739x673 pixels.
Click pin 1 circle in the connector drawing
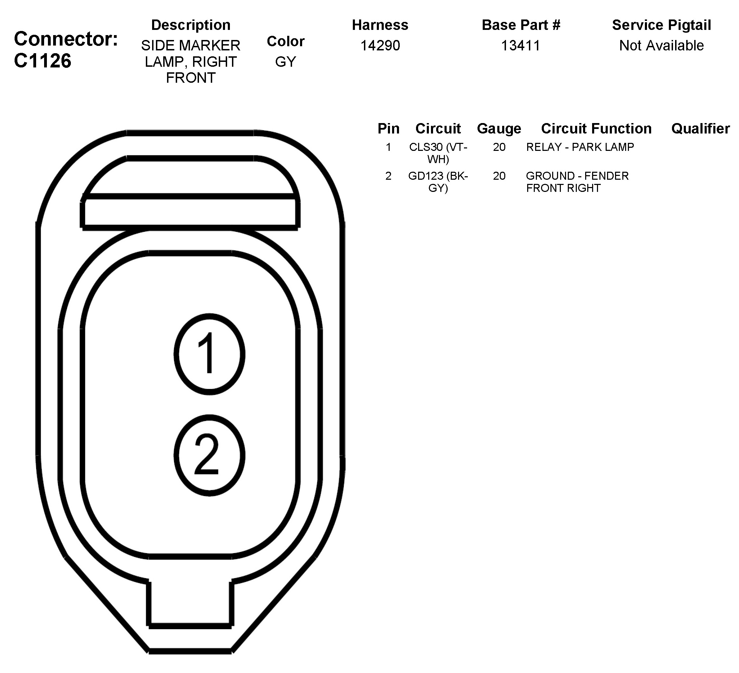pos(209,354)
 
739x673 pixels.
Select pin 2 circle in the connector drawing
pos(209,455)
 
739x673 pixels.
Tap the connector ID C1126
pos(42,61)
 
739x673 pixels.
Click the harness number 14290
pos(380,46)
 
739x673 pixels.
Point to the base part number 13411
pos(521,46)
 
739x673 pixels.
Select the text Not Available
pos(661,46)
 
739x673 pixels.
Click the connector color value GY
pos(285,62)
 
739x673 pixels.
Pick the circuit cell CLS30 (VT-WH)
pos(438,153)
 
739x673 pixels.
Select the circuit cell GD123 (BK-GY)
pos(438,182)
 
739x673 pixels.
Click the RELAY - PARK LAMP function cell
pos(580,147)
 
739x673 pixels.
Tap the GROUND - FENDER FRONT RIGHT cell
pos(577,182)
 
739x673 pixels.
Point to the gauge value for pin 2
pos(499,176)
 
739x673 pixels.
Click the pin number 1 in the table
pos(388,147)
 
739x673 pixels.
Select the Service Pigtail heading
pos(661,25)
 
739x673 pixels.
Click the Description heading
pos(191,25)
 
